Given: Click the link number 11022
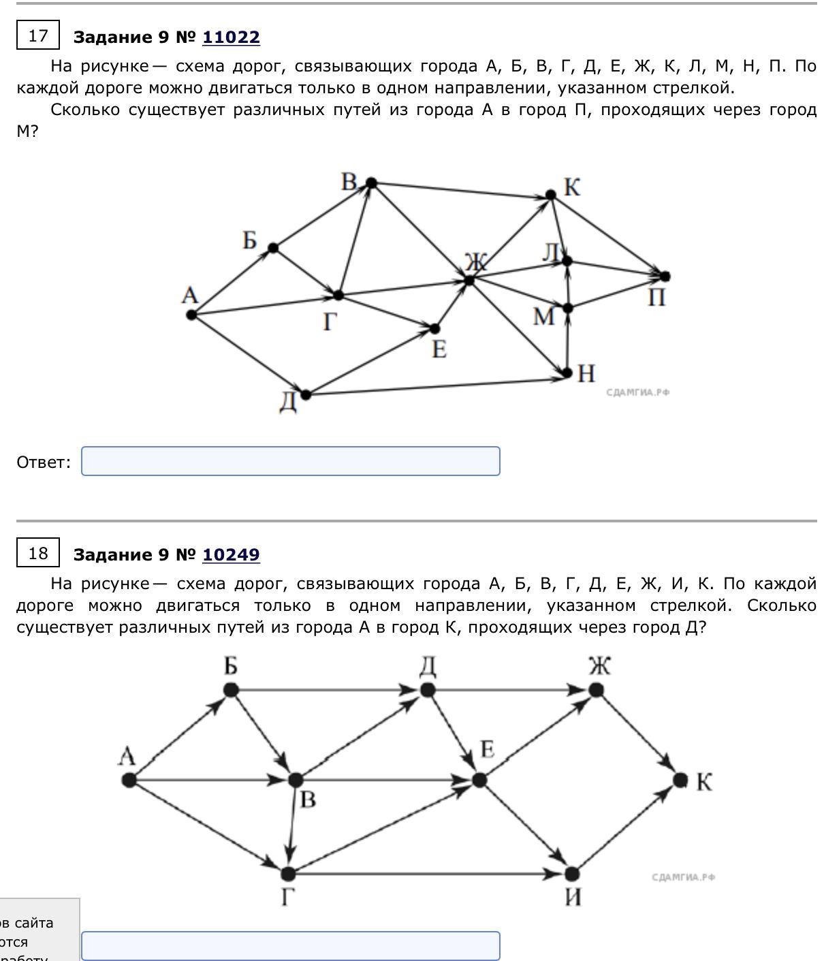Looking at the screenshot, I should pyautogui.click(x=231, y=37).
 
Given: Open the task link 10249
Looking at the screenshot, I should pyautogui.click(x=231, y=554).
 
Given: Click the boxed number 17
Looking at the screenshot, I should pyautogui.click(x=38, y=35).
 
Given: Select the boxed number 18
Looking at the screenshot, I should pyautogui.click(x=38, y=553).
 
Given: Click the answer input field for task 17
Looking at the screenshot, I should pyautogui.click(x=290, y=461).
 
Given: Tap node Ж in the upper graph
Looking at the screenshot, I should pyautogui.click(x=469, y=280).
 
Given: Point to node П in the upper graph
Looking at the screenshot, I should pyautogui.click(x=665, y=276).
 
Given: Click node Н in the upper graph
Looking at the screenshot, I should pyautogui.click(x=567, y=373).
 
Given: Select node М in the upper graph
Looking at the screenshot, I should pyautogui.click(x=567, y=308).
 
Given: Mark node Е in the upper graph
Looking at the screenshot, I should pyautogui.click(x=435, y=328).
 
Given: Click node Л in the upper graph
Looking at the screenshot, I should pyautogui.click(x=567, y=260).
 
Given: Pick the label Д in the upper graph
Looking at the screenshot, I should pyautogui.click(x=289, y=402).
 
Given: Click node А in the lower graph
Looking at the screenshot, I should pyautogui.click(x=129, y=780).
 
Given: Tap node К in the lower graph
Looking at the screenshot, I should pyautogui.click(x=680, y=780).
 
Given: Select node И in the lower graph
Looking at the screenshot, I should pyautogui.click(x=572, y=873).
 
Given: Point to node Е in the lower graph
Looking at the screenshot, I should pyautogui.click(x=479, y=780).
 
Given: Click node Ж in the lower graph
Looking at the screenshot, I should pyautogui.click(x=596, y=690).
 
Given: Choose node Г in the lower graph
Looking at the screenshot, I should pyautogui.click(x=288, y=873).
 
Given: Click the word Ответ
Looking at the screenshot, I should pyautogui.click(x=44, y=462).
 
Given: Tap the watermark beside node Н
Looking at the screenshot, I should pyautogui.click(x=638, y=392).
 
